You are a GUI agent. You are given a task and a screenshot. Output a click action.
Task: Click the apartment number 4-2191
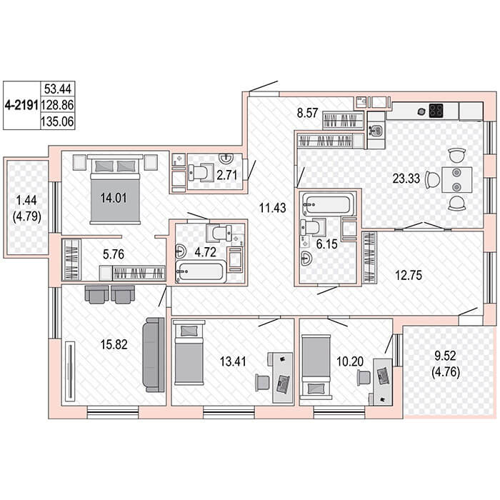[21, 105]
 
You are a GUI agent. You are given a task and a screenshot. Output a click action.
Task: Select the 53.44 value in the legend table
[58, 89]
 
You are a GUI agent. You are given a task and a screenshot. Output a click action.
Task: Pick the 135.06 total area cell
[57, 121]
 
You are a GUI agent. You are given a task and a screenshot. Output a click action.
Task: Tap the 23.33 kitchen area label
[406, 179]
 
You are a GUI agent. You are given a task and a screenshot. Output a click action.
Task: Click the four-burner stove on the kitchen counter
[436, 111]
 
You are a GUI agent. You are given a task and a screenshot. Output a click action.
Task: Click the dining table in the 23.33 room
[456, 179]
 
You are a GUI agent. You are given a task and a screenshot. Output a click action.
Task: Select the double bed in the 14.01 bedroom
[115, 189]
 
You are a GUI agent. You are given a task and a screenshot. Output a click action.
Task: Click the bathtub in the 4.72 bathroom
[200, 271]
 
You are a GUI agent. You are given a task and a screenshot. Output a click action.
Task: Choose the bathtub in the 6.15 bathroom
[327, 204]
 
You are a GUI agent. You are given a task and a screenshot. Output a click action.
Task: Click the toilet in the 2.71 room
[201, 173]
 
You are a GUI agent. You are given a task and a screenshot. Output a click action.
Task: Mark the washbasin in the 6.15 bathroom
[306, 259]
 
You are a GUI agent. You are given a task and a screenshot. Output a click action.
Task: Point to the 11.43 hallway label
[272, 208]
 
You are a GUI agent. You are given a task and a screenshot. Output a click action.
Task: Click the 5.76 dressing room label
[114, 254]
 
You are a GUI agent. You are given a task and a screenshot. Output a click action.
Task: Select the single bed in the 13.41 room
[188, 353]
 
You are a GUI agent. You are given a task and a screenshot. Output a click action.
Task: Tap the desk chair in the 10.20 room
[364, 378]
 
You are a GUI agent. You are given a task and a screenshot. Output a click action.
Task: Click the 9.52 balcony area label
[446, 356]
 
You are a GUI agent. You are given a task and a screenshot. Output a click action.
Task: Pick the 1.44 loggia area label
[27, 200]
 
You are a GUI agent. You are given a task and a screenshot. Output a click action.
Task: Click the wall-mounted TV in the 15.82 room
[69, 371]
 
